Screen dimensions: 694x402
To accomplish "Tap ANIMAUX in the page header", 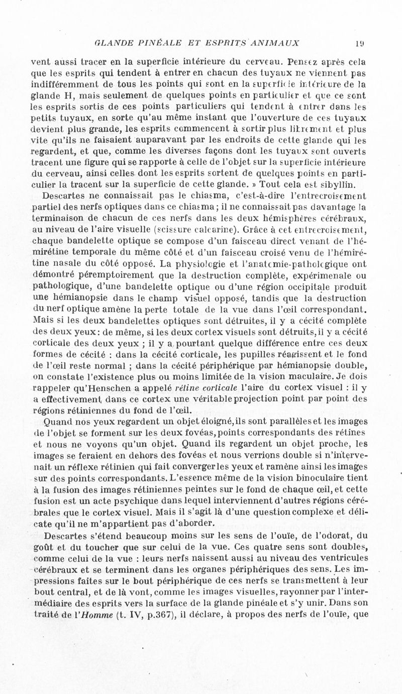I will click(x=275, y=42).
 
